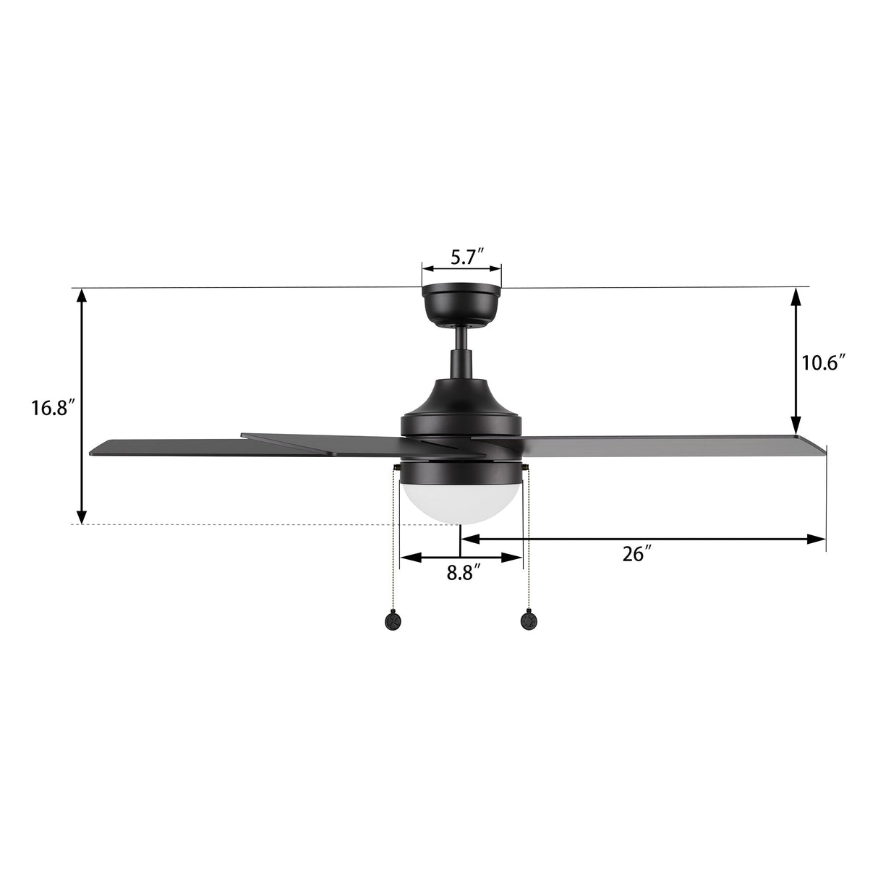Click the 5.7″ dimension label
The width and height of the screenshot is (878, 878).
click(467, 257)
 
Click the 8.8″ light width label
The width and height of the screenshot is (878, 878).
click(463, 573)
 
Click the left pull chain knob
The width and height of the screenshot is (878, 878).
click(393, 620)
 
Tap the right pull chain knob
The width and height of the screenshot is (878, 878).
click(529, 620)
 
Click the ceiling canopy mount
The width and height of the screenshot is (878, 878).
click(461, 304)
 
